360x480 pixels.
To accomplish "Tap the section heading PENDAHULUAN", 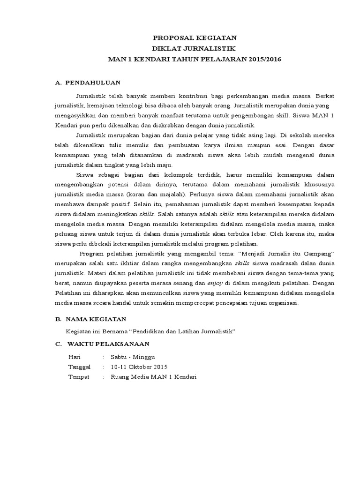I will point(93,83).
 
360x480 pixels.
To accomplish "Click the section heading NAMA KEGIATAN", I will point(96,319).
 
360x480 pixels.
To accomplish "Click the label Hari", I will point(75,357).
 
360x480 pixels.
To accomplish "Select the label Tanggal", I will point(79,367).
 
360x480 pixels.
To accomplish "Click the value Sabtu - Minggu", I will point(129,357).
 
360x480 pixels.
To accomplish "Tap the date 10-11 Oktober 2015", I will point(139,367).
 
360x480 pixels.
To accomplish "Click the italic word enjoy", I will point(215,283).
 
